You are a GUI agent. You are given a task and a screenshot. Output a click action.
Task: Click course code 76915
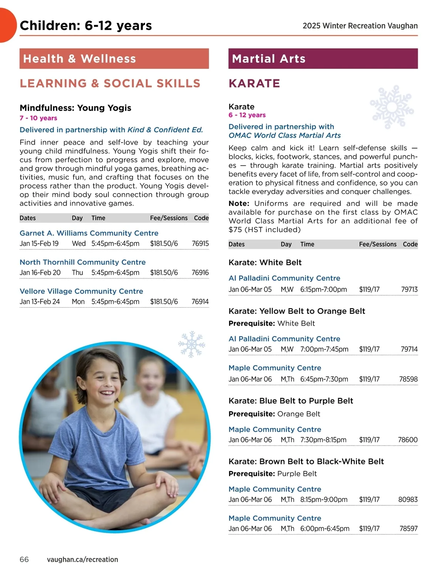point(200,244)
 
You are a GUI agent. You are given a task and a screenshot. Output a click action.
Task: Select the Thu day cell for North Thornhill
point(77,273)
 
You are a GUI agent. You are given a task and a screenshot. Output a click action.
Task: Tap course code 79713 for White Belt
point(409,290)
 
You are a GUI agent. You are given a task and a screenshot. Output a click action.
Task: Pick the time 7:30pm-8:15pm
point(323,440)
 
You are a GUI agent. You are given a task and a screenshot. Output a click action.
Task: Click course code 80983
point(408,499)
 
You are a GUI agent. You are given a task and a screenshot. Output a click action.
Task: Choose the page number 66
point(24,559)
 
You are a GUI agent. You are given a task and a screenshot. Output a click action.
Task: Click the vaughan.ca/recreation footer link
point(83,559)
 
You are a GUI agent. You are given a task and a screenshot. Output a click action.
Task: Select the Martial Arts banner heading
point(269,58)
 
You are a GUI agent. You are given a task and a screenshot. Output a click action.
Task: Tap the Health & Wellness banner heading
point(80,58)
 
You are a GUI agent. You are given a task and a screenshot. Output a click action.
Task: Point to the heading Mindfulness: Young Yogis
point(75,108)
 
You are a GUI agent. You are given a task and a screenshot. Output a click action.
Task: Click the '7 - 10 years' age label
point(38,118)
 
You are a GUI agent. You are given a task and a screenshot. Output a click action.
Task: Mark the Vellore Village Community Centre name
point(81,291)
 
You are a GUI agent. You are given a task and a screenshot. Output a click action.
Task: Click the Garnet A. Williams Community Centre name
point(89,233)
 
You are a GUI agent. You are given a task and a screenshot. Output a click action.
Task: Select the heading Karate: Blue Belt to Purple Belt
point(291,401)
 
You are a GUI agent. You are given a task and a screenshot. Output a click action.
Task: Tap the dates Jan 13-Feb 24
point(40,302)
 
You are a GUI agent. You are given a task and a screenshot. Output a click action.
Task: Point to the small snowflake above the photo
point(191,344)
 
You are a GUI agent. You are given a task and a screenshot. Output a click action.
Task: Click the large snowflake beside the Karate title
point(391,107)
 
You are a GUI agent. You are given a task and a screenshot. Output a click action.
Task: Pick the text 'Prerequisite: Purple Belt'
point(273,474)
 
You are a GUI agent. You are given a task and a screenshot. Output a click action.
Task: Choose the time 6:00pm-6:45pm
point(325,529)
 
